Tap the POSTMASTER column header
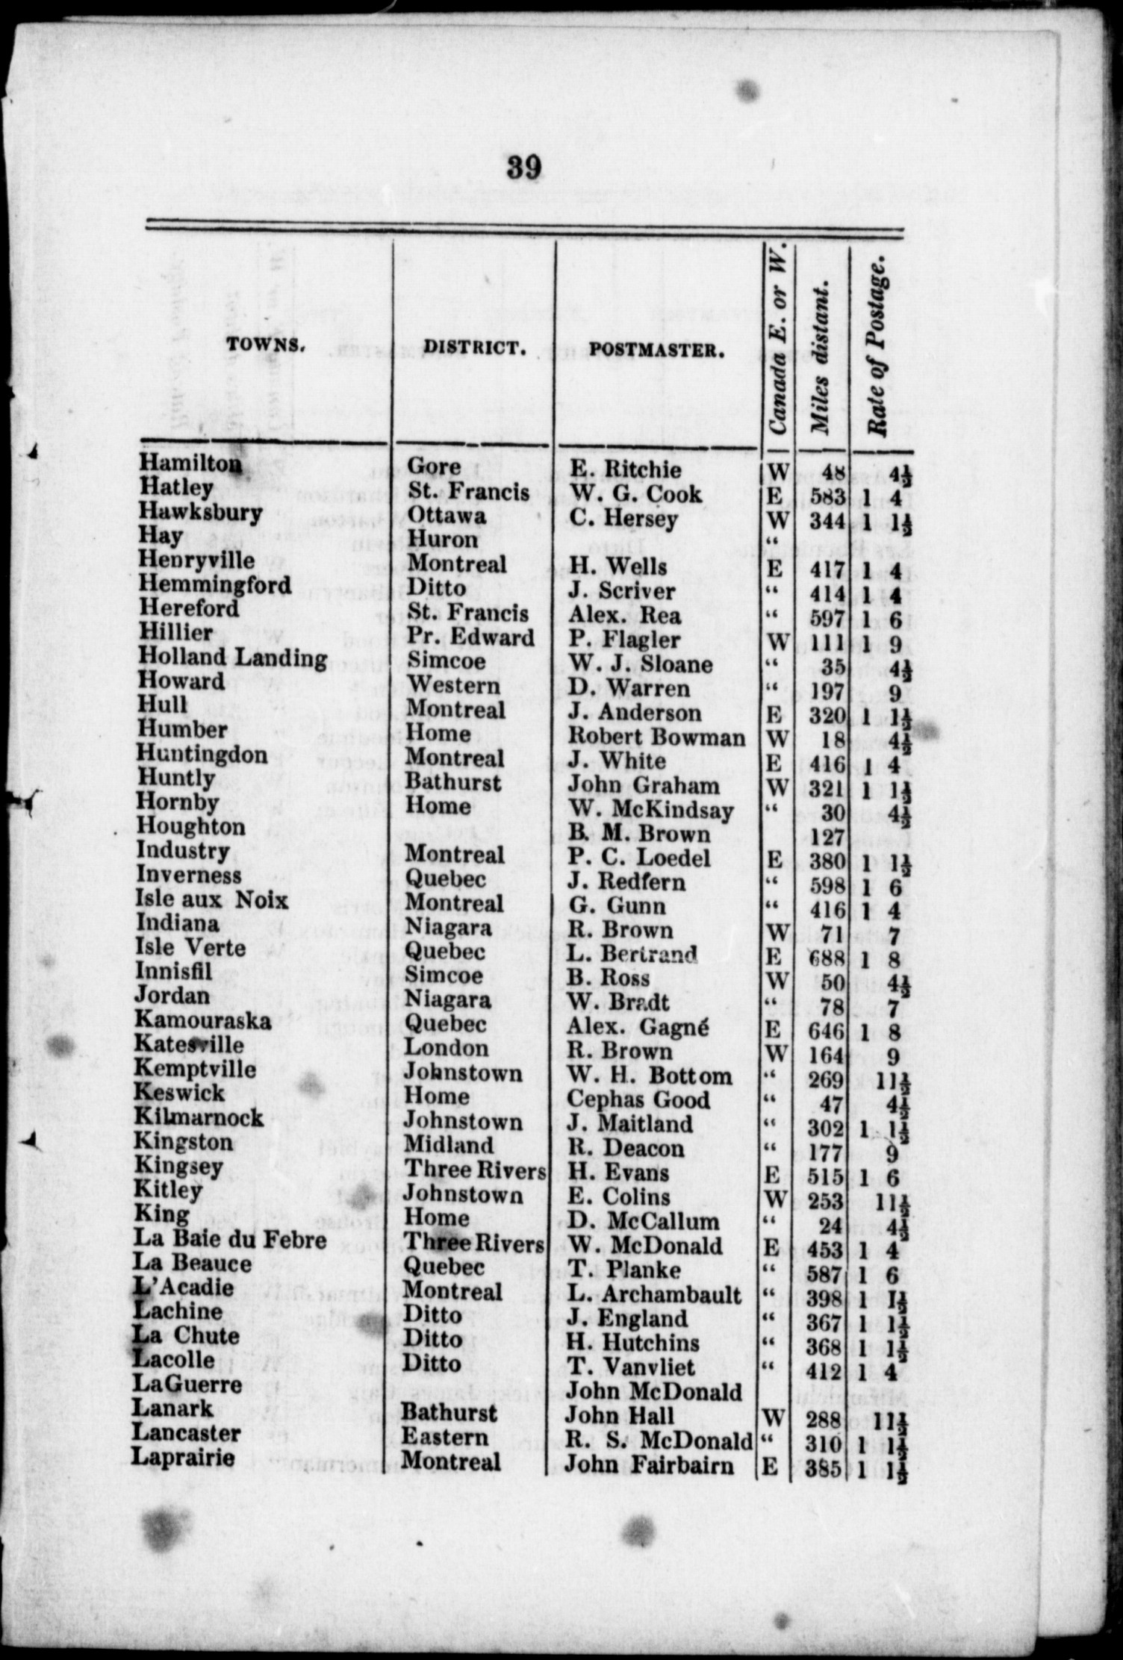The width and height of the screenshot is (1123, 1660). point(657,350)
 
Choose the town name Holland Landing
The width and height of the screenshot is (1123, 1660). point(232,658)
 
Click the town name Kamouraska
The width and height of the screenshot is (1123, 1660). point(202,1020)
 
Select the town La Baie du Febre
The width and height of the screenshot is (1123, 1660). point(230,1240)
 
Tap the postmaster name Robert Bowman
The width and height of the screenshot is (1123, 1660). point(656,737)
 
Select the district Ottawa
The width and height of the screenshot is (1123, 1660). point(447,516)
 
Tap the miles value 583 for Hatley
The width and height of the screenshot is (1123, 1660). point(827,496)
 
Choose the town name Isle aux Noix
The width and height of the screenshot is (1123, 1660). point(211,899)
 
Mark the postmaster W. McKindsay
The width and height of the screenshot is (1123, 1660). point(650,810)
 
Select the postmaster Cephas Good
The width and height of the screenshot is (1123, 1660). point(638,1099)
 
